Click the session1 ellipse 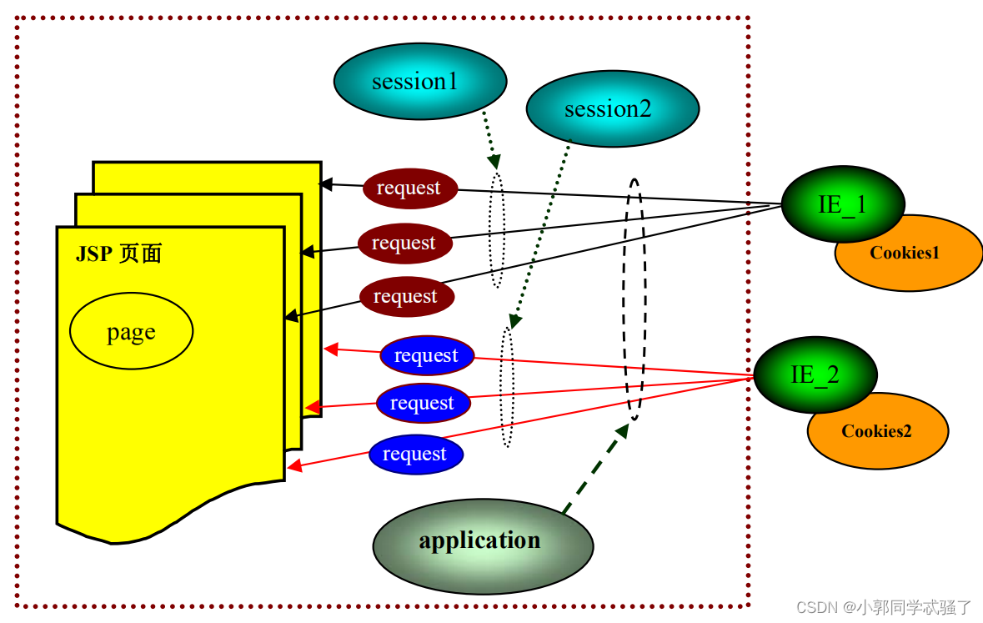420,82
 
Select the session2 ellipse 612,109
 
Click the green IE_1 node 842,203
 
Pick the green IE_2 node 815,374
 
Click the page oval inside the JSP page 131,331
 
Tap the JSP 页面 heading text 118,254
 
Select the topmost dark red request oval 409,188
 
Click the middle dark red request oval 404,244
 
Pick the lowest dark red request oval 406,297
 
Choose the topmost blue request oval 426,356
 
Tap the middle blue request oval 423,404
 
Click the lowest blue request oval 415,455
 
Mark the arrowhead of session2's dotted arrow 514,322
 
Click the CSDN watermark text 883,607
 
